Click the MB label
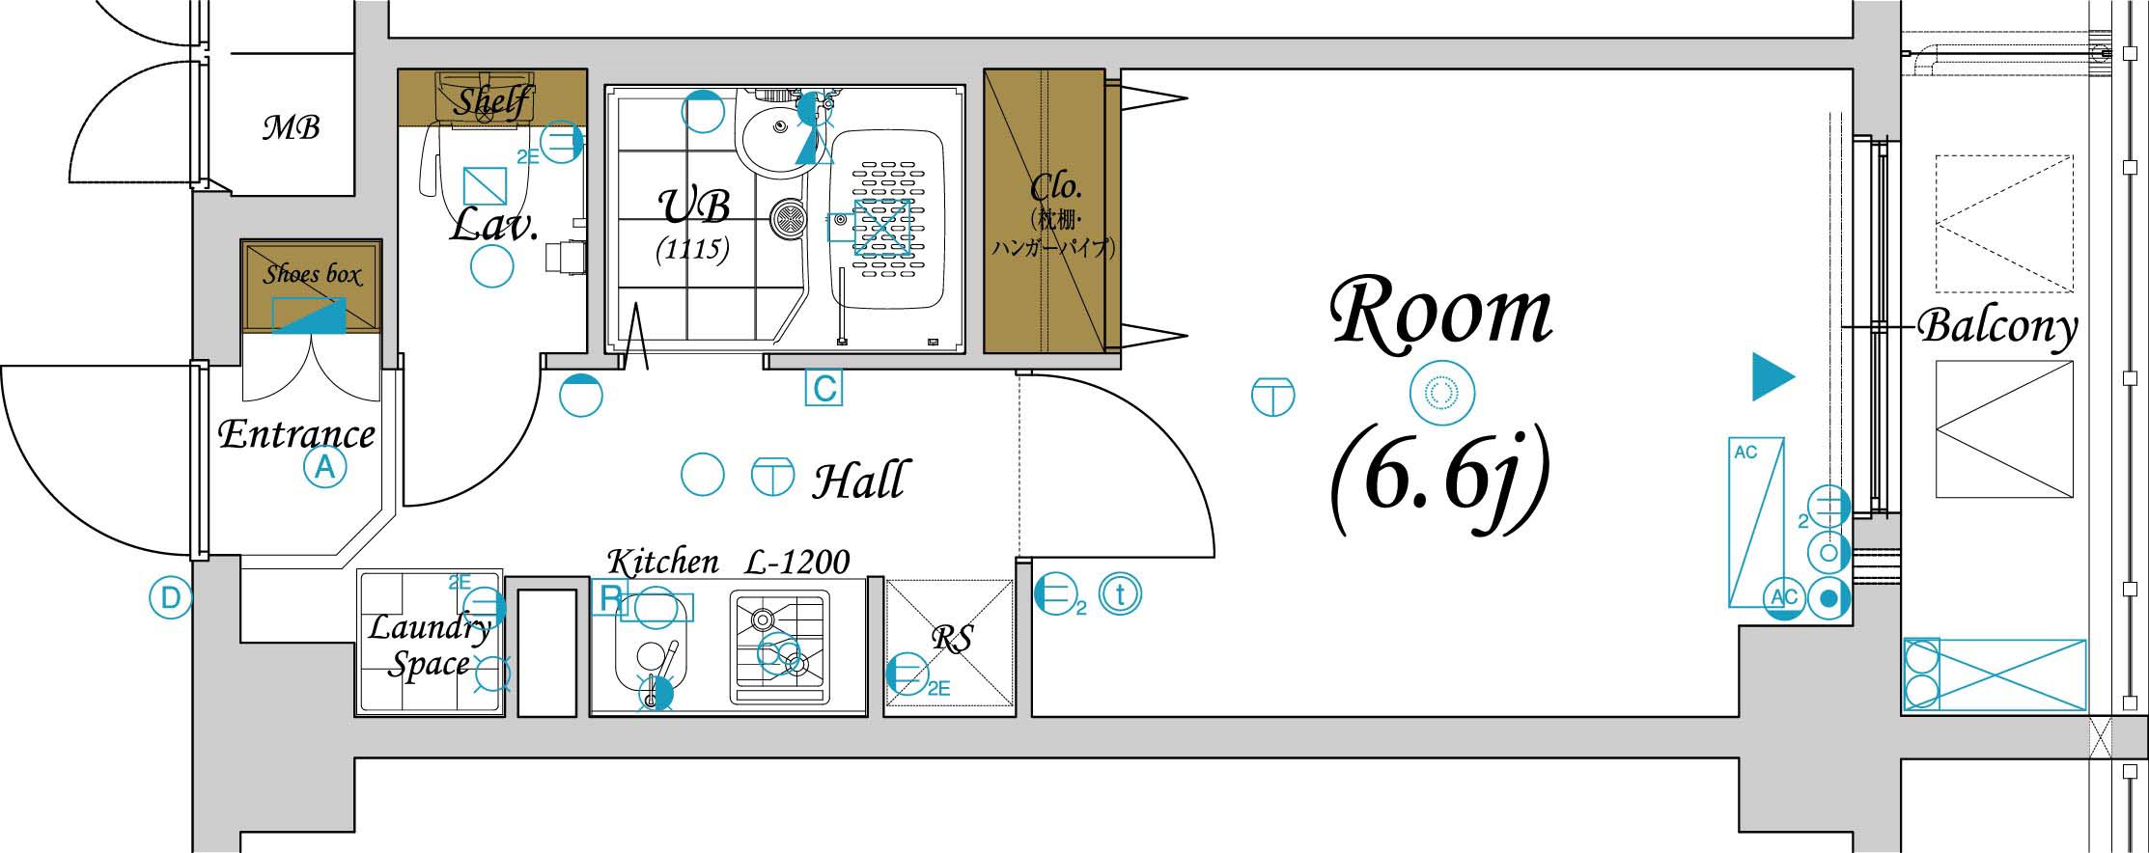pos(291,127)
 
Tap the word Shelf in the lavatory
pos(492,99)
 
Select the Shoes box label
pos(312,274)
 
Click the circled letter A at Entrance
pos(325,468)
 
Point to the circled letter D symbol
pos(170,598)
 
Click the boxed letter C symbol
pos(824,388)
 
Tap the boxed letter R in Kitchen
pos(610,598)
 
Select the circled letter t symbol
pos(1121,594)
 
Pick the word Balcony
pos(1997,327)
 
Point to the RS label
pos(952,638)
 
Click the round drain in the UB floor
pos(789,219)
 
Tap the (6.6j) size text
pos(1440,480)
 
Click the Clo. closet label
pos(1054,186)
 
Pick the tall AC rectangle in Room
pos(1756,523)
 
